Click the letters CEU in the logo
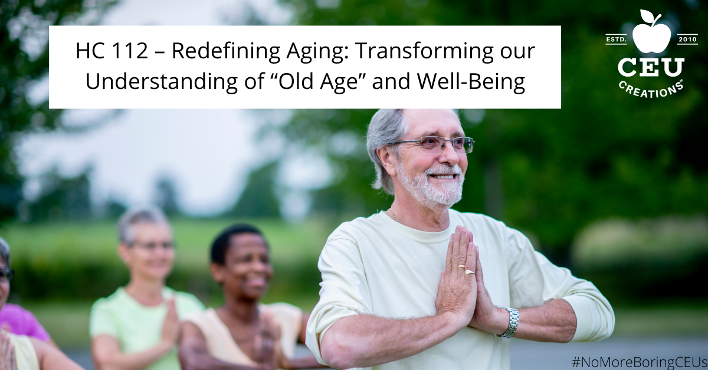[651, 68]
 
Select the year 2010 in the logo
[687, 40]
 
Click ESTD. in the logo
[616, 40]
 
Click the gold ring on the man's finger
[460, 267]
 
